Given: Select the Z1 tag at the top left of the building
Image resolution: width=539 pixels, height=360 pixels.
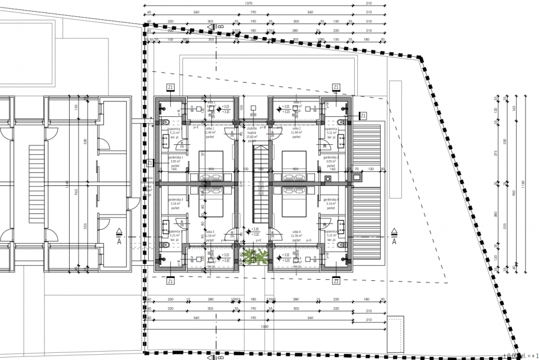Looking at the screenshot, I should click(171, 87).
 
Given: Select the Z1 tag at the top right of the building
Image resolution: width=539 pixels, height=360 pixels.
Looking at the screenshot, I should click(336, 87).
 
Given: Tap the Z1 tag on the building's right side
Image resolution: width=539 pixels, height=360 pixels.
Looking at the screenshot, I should click(363, 116).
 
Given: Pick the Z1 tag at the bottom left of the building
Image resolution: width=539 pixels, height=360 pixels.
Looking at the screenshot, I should click(171, 281).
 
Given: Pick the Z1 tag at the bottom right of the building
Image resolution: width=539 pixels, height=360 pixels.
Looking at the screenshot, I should click(336, 281).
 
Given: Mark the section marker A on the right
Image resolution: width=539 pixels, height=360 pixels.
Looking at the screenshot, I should click(394, 237).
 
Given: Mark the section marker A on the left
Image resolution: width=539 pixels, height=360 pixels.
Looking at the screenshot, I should click(119, 237).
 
